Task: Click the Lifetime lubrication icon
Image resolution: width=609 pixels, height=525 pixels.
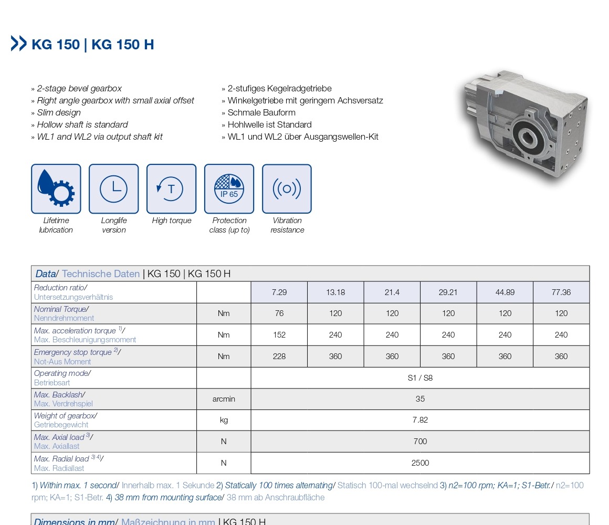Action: click(x=56, y=189)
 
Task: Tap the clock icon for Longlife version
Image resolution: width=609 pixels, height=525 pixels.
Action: click(x=113, y=189)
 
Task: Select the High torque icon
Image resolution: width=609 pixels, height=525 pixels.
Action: click(x=171, y=189)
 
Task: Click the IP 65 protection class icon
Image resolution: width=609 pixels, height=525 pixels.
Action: click(x=229, y=189)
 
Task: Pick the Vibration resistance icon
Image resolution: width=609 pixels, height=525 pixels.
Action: click(x=287, y=189)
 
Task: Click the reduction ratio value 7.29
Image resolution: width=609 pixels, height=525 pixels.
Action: click(x=279, y=292)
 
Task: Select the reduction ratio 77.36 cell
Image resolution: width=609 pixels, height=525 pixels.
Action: click(x=561, y=292)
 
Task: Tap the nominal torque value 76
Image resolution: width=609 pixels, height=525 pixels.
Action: click(x=279, y=313)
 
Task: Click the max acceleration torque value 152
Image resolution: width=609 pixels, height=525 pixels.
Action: click(x=279, y=335)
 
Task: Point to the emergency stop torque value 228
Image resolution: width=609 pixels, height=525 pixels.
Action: click(x=279, y=356)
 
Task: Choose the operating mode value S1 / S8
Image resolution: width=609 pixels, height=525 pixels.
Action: click(x=420, y=378)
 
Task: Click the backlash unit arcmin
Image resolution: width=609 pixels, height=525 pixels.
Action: click(x=224, y=399)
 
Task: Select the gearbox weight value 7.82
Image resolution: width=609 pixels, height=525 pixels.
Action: click(x=420, y=420)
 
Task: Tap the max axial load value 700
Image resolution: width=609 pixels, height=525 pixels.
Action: click(x=420, y=442)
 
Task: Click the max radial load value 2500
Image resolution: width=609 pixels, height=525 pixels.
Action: click(x=420, y=463)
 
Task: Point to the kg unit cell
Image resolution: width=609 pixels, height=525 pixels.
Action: click(x=224, y=420)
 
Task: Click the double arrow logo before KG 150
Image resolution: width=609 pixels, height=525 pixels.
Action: click(x=19, y=44)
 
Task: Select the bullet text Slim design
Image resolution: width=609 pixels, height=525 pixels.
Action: click(x=59, y=112)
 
